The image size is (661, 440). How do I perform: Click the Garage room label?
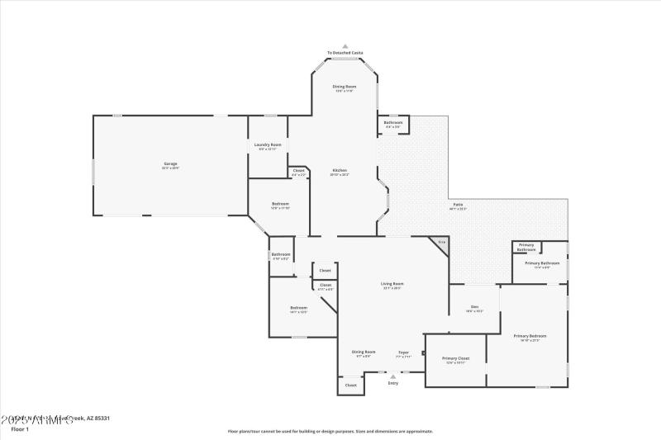pos(170,164)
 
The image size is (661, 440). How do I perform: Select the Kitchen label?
pos(340,171)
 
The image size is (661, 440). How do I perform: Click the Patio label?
pos(458,205)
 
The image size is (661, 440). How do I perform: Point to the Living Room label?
pos(392,284)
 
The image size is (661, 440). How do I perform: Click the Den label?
pos(474,307)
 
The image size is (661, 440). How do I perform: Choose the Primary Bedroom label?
pos(530,336)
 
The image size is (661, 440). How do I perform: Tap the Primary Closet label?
pos(455,358)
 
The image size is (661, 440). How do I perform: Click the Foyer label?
pos(403,352)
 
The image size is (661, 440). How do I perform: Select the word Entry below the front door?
pos(393,383)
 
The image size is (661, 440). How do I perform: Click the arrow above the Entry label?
pos(393,376)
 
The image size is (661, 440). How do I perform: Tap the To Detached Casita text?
pos(345,53)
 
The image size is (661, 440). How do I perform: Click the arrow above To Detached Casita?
pos(345,46)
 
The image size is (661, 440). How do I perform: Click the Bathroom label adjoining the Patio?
pos(393,123)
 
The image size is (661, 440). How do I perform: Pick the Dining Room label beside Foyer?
pos(364,352)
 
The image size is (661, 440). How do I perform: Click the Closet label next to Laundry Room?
pos(298,171)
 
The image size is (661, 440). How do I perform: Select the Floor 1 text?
pos(19,429)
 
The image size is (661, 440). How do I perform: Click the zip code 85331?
pos(101,419)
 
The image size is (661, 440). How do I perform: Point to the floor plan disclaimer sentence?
pos(330,431)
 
